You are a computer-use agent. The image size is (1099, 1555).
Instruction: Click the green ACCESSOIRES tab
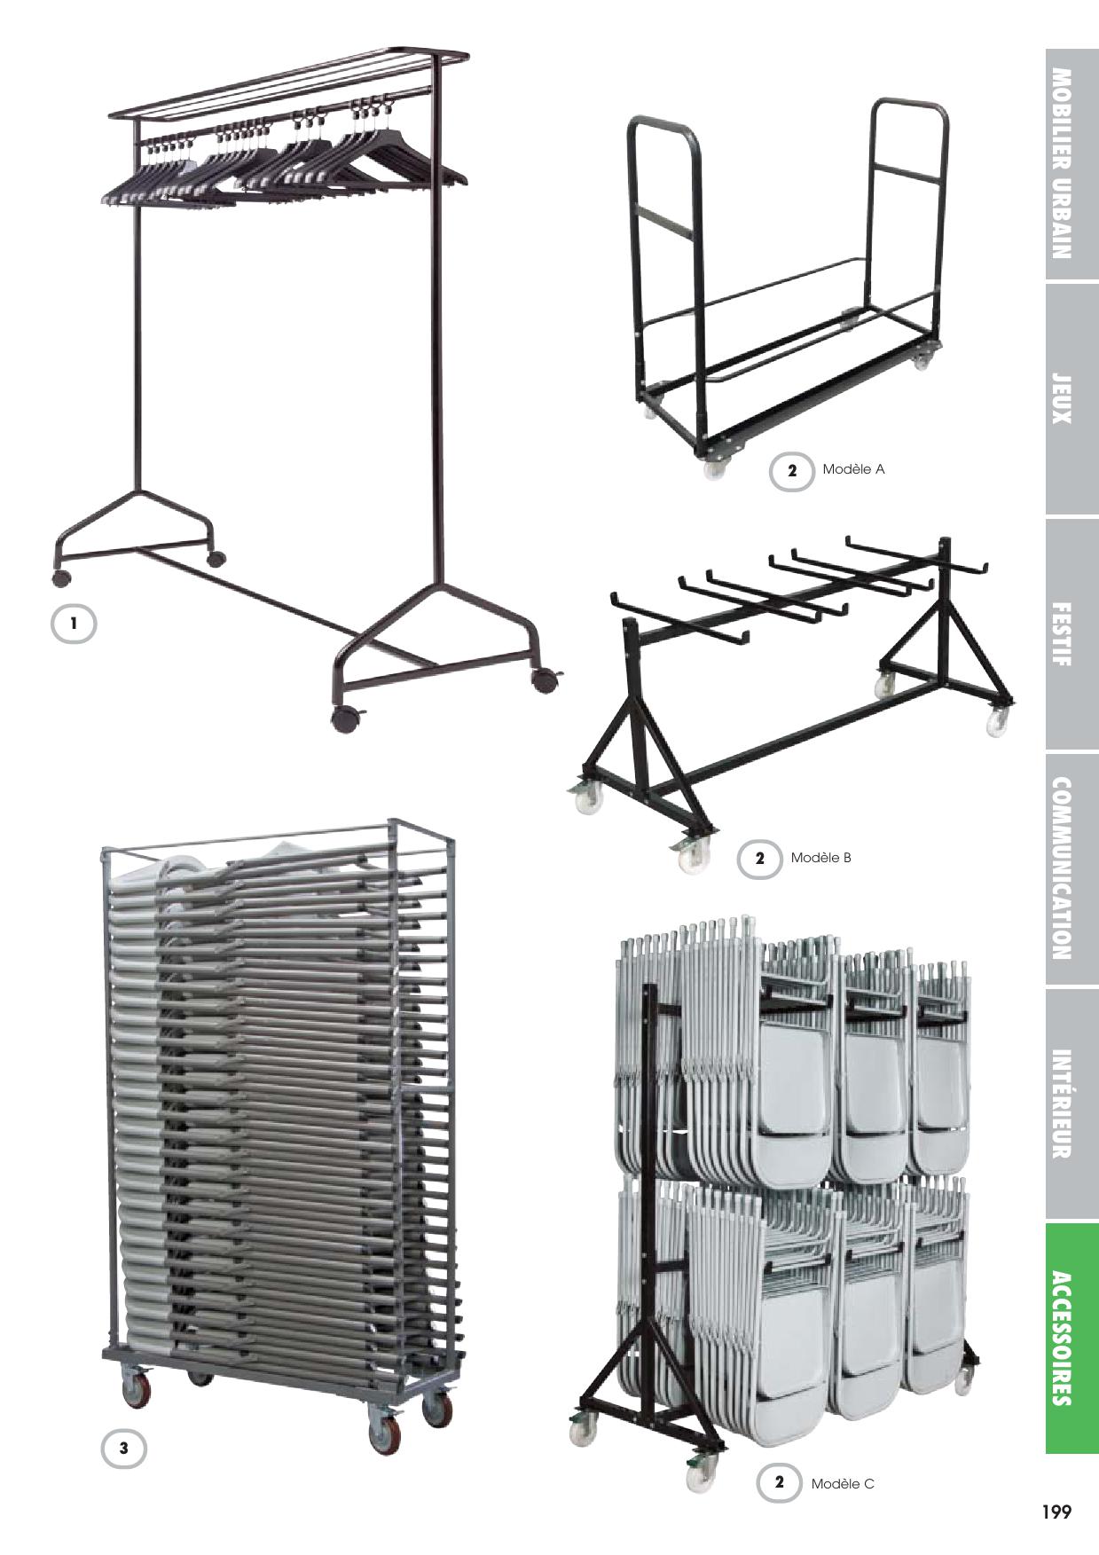click(x=1072, y=1339)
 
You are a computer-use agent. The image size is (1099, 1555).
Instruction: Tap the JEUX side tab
click(x=1072, y=399)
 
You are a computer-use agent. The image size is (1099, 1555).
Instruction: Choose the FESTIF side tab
click(x=1072, y=634)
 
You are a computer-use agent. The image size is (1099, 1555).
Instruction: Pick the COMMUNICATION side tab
click(x=1072, y=869)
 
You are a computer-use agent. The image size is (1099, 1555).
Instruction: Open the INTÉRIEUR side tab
click(x=1072, y=1103)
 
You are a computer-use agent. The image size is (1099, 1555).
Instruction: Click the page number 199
click(x=1056, y=1512)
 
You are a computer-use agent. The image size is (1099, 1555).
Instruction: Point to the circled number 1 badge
click(x=74, y=624)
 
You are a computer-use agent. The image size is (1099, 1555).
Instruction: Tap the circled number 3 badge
click(x=123, y=1449)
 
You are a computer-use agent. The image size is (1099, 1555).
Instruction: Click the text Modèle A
click(x=853, y=469)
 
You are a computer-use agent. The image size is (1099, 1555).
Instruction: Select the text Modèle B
click(x=821, y=858)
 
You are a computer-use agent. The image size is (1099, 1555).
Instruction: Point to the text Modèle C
click(x=843, y=1482)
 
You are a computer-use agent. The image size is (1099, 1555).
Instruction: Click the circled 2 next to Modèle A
click(x=792, y=470)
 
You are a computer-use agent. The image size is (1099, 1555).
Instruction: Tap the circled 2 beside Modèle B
click(x=759, y=859)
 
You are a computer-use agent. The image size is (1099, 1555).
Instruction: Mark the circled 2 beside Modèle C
click(x=780, y=1482)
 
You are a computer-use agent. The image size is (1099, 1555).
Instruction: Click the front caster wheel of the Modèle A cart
click(x=715, y=468)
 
